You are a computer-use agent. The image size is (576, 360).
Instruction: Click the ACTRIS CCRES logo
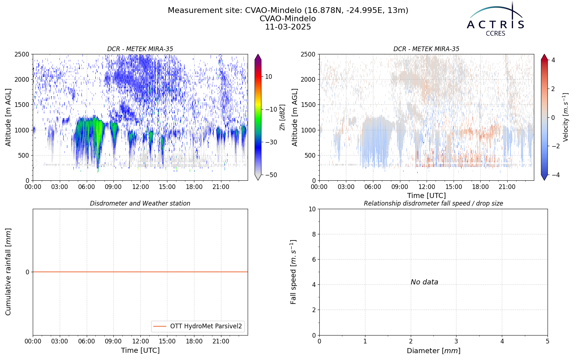point(495,19)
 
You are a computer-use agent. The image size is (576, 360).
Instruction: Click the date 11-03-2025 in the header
point(288,27)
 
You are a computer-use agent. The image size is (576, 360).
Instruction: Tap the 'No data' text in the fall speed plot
point(424,282)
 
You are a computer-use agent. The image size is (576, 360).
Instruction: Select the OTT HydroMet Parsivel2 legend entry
point(198,326)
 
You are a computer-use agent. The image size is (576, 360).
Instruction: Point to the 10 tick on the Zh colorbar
point(269,77)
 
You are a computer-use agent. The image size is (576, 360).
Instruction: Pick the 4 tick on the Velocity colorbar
point(553,60)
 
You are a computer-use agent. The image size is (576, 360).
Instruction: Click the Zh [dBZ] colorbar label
point(282,117)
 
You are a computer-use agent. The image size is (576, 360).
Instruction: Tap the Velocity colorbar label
point(566,117)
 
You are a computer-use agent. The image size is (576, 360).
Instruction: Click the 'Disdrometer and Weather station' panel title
point(140,203)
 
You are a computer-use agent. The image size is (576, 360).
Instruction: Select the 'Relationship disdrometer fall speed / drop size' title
point(433,203)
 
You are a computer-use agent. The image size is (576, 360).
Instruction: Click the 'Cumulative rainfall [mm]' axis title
point(8,272)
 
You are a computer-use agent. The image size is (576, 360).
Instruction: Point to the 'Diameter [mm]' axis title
point(433,351)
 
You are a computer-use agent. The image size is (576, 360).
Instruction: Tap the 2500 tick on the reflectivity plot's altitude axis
point(22,54)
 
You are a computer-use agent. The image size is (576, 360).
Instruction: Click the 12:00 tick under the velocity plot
point(427,187)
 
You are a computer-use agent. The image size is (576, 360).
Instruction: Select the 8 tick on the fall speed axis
point(314,234)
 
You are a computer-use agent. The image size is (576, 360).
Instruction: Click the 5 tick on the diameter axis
point(548,342)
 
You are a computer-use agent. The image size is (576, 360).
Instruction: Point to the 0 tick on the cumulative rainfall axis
point(27,272)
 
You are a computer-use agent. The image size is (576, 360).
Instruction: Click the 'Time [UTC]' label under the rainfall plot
point(140,351)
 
